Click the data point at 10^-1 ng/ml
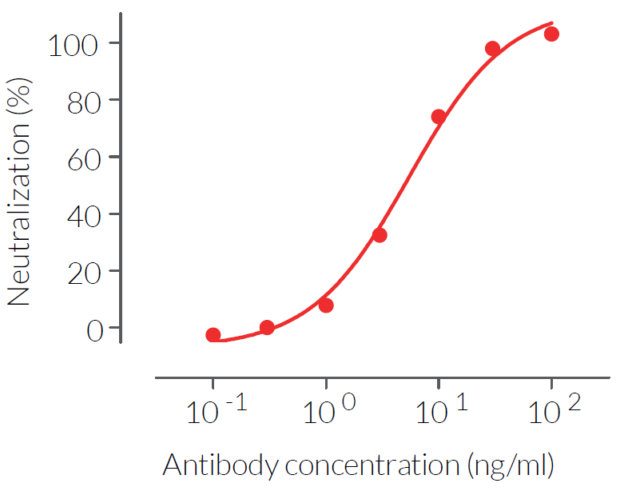(x=213, y=335)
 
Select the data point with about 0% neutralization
(x=267, y=327)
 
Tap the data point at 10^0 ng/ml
(x=326, y=305)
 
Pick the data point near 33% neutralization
(x=380, y=235)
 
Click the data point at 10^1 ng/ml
(x=439, y=117)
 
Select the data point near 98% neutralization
(x=493, y=49)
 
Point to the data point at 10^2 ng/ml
(x=551, y=34)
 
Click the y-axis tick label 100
(x=74, y=43)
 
